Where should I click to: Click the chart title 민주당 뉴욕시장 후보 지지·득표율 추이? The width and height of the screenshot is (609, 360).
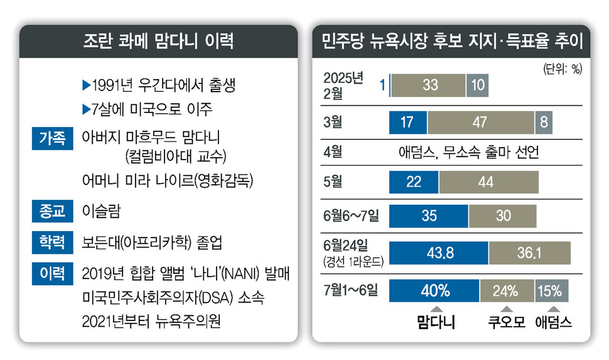452,42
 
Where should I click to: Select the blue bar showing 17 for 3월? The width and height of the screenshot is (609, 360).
408,122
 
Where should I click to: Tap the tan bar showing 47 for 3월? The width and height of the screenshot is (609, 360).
480,122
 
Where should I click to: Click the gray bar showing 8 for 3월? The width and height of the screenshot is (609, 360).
544,122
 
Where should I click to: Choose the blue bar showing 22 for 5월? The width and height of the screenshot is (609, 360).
414,182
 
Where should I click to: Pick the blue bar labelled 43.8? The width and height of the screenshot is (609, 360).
438,253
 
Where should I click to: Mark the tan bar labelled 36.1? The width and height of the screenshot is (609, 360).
529,253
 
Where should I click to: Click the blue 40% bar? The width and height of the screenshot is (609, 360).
434,292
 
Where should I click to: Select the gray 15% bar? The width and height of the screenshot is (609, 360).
552,292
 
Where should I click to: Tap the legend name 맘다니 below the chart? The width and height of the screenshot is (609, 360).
436,322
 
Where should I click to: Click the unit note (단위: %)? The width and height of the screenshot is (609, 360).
561,68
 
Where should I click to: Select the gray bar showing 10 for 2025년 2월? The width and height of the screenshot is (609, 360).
477,85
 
